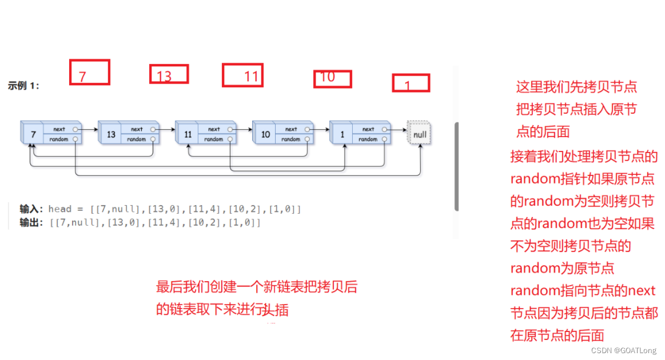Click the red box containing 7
click(89, 73)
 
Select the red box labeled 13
click(169, 74)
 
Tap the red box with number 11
click(242, 75)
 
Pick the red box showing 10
click(332, 79)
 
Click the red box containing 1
click(411, 83)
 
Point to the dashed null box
click(419, 134)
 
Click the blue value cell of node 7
click(33, 135)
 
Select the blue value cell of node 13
click(110, 135)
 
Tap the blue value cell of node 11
click(188, 135)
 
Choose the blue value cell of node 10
click(265, 135)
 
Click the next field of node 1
click(369, 129)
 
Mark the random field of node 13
click(137, 139)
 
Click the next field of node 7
click(60, 129)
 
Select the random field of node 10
click(291, 139)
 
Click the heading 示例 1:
click(23, 86)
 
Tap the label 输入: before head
click(31, 209)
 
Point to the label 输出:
click(31, 222)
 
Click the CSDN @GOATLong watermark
click(623, 350)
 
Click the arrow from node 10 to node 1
click(321, 129)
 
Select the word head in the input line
click(60, 209)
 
